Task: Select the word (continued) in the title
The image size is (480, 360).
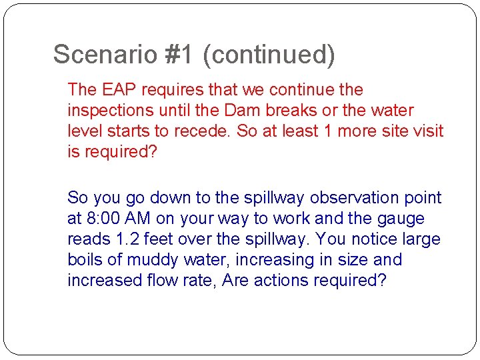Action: [x=269, y=55]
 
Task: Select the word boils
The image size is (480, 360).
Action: [x=86, y=260]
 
